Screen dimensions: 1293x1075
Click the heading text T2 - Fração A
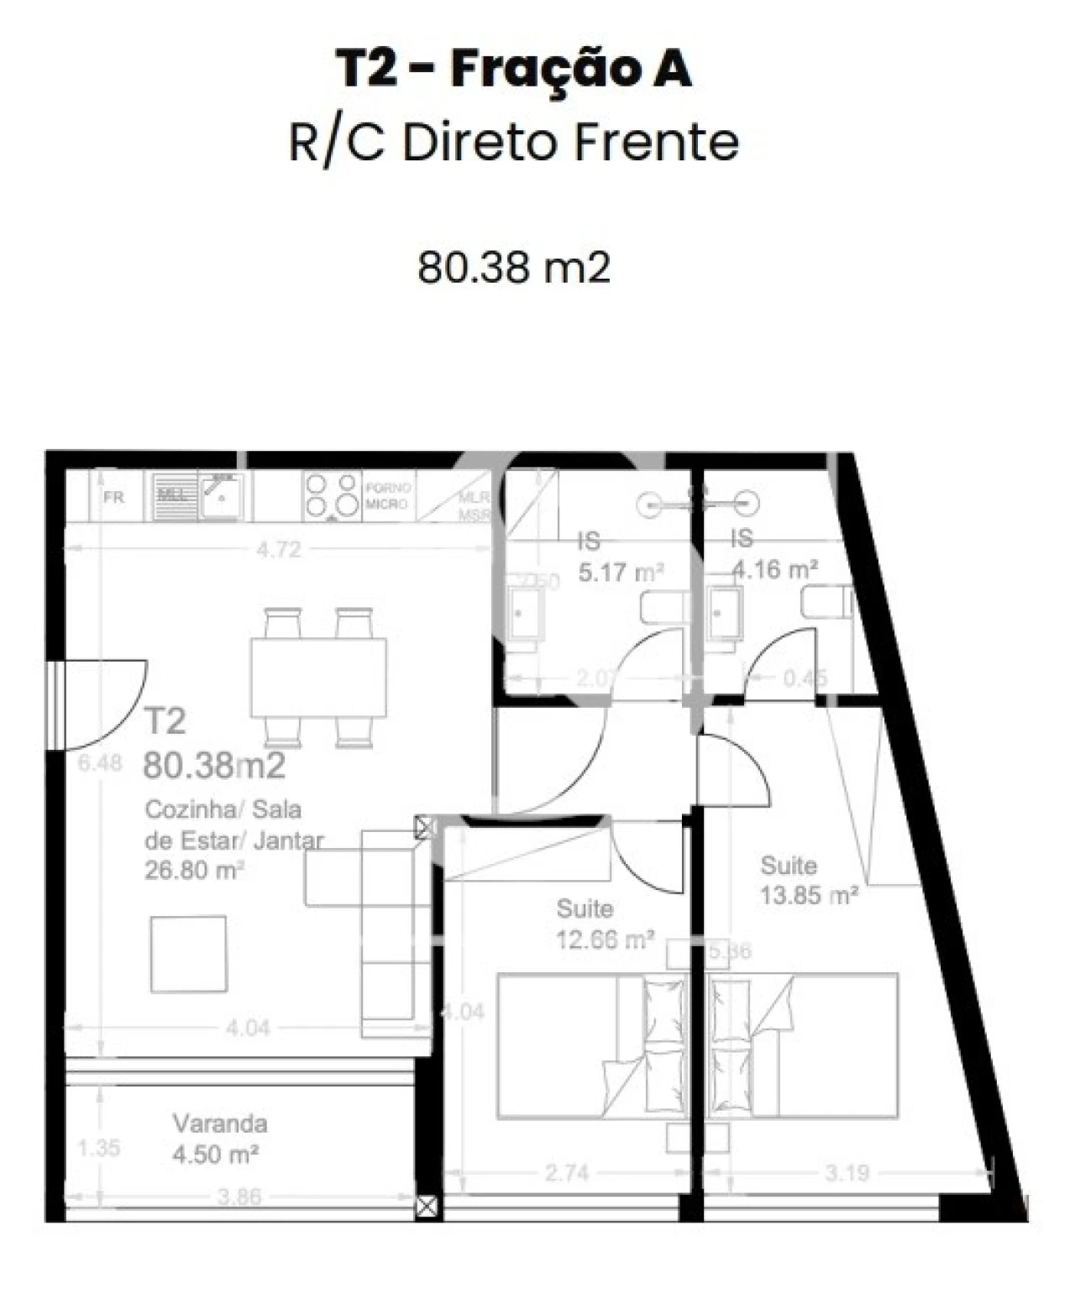[x=513, y=69]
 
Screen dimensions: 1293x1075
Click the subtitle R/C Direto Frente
[x=513, y=143]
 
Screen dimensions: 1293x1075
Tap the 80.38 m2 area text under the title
[x=513, y=268]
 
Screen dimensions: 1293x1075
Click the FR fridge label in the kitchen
[x=113, y=497]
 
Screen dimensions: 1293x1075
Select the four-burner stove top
[x=331, y=495]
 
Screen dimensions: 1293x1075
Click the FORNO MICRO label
[x=387, y=495]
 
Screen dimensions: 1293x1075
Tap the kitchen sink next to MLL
[x=221, y=495]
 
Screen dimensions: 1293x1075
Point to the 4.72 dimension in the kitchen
[x=278, y=550]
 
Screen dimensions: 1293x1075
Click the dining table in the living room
[x=318, y=677]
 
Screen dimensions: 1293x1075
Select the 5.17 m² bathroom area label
[x=621, y=573]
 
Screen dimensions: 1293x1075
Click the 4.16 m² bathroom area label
[x=775, y=569]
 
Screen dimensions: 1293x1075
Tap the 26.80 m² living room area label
[x=194, y=870]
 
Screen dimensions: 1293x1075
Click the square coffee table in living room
[x=188, y=954]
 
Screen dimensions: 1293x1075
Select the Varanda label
[x=220, y=1123]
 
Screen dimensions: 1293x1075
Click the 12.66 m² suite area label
[x=605, y=940]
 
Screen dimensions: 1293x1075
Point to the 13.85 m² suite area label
[x=808, y=895]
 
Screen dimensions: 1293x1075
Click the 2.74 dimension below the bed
[x=566, y=1172]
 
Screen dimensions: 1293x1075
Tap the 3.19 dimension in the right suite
[x=846, y=1172]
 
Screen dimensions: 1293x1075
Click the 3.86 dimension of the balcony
[x=239, y=1196]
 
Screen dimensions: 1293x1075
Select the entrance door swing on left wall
[x=105, y=704]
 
